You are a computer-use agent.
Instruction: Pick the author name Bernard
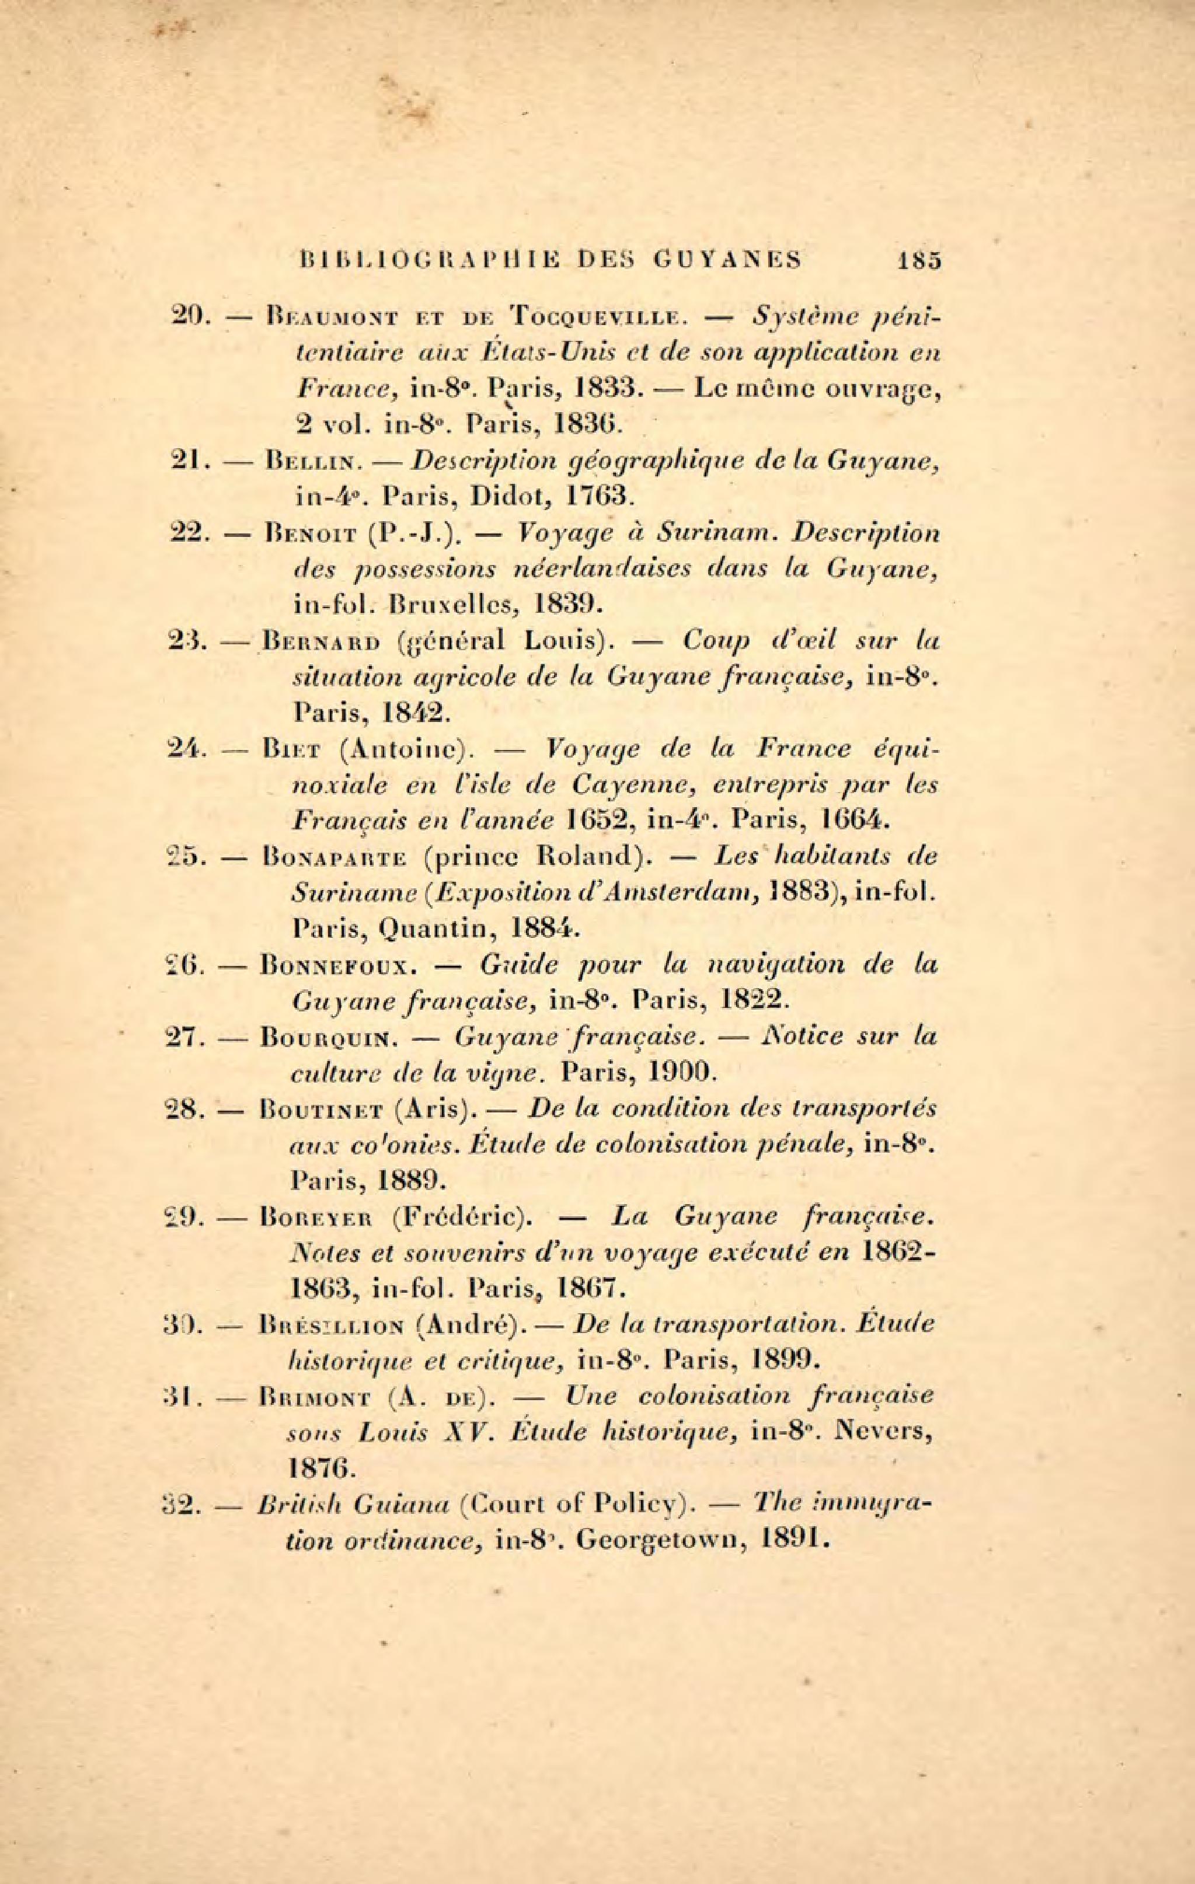point(323,641)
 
